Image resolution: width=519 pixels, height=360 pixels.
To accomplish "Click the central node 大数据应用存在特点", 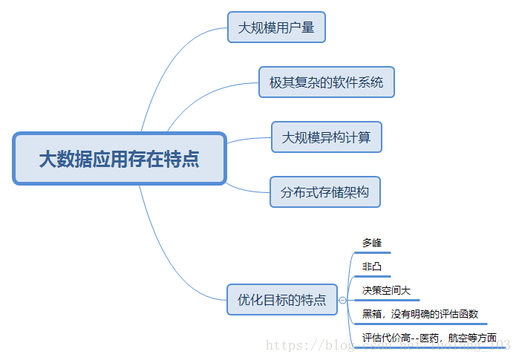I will [x=119, y=159].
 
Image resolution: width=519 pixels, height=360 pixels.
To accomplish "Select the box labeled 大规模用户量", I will [x=276, y=27].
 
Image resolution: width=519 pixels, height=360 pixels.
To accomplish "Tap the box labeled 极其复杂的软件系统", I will [x=326, y=82].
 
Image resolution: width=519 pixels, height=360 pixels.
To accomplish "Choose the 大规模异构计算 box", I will [x=326, y=137].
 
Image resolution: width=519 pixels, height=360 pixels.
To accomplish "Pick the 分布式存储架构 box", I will [x=325, y=192].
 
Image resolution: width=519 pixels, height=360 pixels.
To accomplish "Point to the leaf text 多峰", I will [x=372, y=243].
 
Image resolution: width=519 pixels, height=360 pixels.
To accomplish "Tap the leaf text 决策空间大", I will [x=386, y=290].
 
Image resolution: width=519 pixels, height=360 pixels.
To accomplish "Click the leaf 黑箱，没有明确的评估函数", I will [x=420, y=314].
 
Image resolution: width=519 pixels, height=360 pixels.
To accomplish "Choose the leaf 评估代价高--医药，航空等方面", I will [x=429, y=338].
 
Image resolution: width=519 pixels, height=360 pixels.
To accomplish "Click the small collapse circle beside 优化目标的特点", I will [x=342, y=300].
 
